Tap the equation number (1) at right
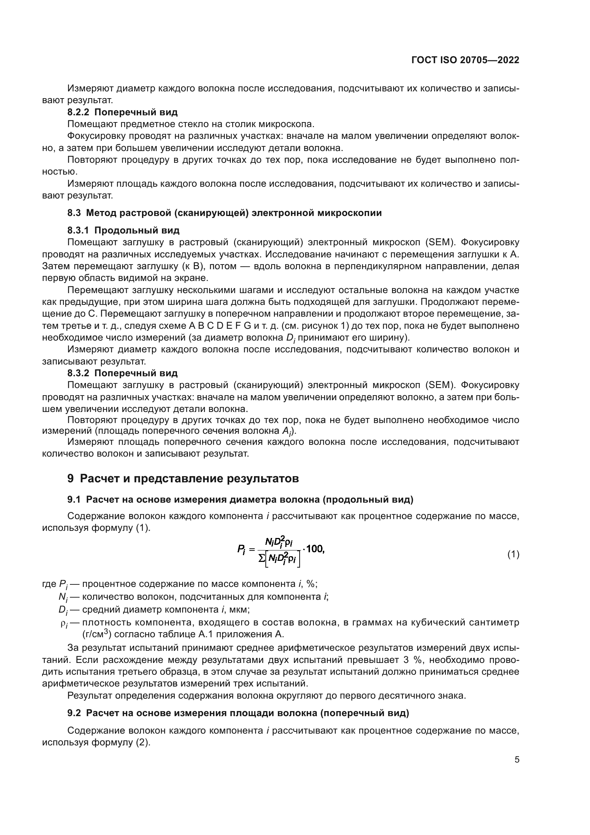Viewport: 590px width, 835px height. pos(513,554)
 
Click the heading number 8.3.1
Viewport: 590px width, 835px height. pos(78,230)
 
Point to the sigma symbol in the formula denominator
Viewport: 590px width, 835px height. pos(261,558)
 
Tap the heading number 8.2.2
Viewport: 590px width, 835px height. pos(78,112)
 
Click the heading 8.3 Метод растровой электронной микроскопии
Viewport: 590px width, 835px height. pos(224,213)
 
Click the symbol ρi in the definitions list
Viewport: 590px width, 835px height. pos(64,624)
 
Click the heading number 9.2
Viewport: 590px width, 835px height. pos(74,713)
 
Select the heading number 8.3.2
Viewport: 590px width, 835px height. pos(78,373)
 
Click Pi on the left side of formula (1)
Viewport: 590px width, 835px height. pos(241,549)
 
